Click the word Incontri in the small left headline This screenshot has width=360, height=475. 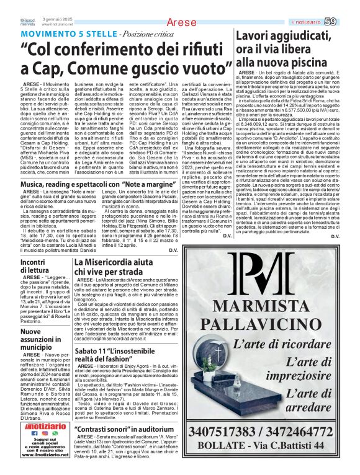coord(37,263)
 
